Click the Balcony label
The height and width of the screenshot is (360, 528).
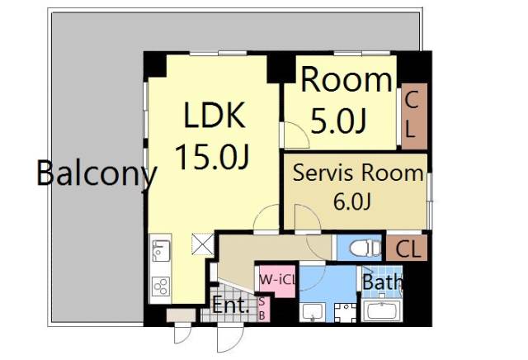(97, 173)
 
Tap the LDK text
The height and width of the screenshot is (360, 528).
(214, 115)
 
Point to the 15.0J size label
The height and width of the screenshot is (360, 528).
(212, 156)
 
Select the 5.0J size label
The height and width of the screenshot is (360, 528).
(337, 121)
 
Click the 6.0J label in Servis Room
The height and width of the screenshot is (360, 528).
(352, 201)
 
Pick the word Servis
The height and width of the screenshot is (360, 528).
(323, 173)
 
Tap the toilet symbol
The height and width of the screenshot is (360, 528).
(365, 248)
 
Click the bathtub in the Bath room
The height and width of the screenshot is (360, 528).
(381, 310)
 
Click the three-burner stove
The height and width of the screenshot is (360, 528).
(161, 287)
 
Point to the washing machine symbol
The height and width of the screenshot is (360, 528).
(345, 313)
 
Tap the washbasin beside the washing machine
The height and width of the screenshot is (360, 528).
(312, 312)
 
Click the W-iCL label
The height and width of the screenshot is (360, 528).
(277, 279)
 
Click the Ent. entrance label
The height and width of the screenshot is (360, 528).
(230, 306)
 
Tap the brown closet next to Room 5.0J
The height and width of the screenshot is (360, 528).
(414, 116)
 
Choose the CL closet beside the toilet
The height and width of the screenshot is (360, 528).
(407, 248)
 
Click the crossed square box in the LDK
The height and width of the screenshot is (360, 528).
(203, 244)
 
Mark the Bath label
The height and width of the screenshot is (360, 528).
(383, 282)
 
